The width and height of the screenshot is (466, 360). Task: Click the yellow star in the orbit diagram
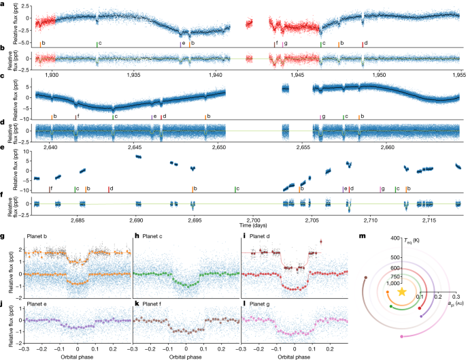(x=402, y=291)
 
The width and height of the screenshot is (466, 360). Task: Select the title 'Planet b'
(x=37, y=237)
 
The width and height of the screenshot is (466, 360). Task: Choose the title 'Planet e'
(x=37, y=299)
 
